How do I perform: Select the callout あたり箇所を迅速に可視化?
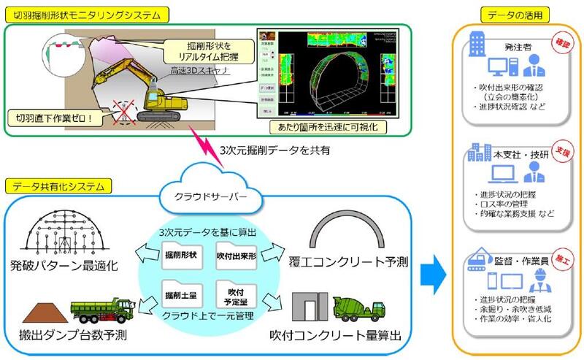[x=322, y=127]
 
